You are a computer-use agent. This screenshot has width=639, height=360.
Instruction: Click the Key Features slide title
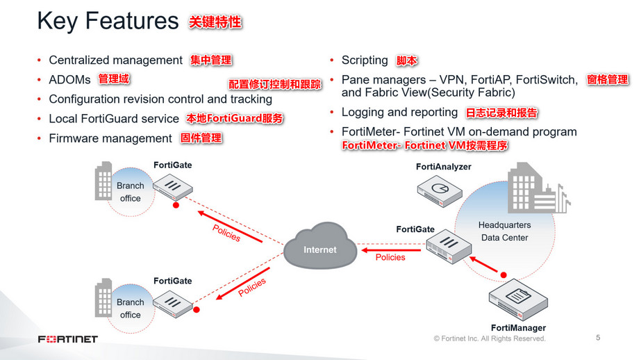(108, 22)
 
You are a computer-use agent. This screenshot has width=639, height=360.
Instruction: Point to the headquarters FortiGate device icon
(440, 247)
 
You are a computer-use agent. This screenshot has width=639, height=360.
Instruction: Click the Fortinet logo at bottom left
(68, 339)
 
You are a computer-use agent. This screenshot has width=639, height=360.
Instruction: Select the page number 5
(598, 338)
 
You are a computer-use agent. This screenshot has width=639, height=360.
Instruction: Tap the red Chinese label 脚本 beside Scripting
(407, 61)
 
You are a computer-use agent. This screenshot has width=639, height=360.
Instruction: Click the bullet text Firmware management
(110, 138)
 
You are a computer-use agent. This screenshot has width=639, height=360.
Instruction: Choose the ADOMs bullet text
(69, 79)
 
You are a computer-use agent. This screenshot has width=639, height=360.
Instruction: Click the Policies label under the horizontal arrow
(390, 258)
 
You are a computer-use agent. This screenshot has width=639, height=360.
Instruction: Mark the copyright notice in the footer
(490, 338)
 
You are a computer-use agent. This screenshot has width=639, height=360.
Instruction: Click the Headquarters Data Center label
(504, 231)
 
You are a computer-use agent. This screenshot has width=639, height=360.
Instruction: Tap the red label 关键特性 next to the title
(215, 22)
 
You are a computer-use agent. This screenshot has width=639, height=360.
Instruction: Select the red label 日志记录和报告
(501, 113)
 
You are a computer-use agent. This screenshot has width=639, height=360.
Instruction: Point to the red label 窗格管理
(607, 80)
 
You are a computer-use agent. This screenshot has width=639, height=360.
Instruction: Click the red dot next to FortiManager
(504, 273)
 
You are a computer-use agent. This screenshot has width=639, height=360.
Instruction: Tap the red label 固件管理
(201, 138)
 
